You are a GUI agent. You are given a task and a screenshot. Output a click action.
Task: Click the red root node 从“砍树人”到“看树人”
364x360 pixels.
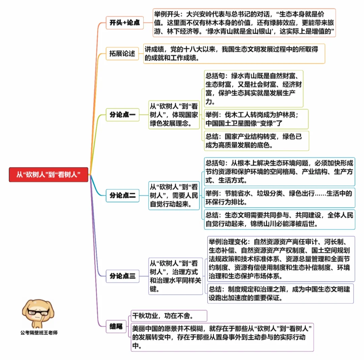pos(48,175)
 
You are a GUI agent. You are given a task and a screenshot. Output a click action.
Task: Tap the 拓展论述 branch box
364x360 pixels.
pos(122,54)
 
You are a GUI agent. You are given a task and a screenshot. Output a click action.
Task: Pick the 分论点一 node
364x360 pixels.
pos(122,115)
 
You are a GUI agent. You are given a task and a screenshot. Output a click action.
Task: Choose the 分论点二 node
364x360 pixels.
pos(122,195)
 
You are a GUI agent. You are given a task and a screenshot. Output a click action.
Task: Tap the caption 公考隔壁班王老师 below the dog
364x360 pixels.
pos(39,332)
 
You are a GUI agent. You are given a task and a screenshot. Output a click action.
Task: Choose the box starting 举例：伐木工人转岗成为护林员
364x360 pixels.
pos(256,119)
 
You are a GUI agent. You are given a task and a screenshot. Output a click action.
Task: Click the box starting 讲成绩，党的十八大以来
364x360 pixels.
pos(234,54)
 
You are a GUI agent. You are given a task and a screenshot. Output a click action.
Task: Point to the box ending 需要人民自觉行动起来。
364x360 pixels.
pos(174,195)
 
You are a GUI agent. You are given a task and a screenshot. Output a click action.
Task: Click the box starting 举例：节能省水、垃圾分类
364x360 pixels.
pos(279,198)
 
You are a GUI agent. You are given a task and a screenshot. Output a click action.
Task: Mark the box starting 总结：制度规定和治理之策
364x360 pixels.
pos(279,293)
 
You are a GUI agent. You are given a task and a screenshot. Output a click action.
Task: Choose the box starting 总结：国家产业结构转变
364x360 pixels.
pos(256,141)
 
